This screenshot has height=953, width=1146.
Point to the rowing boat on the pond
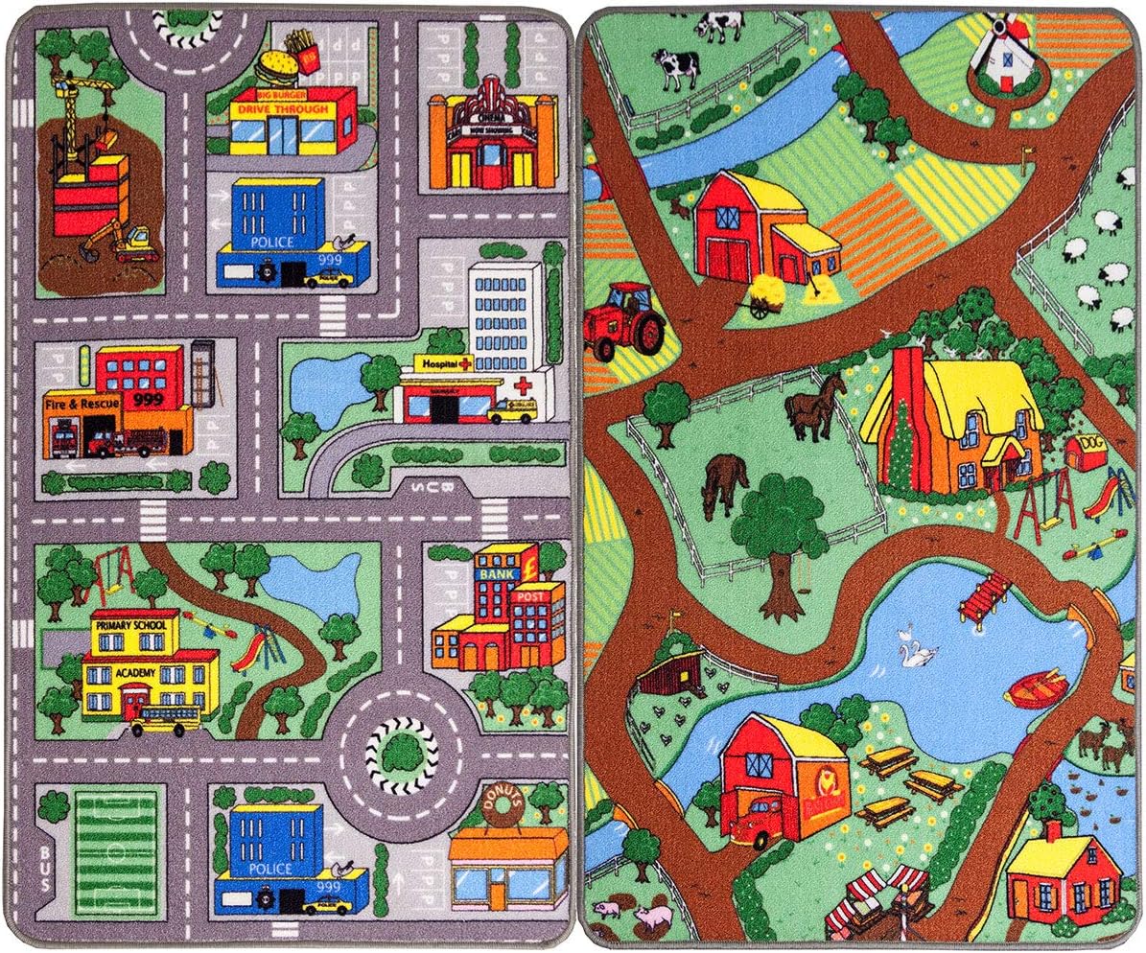(x=1038, y=687)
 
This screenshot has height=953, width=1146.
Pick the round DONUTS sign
(x=501, y=807)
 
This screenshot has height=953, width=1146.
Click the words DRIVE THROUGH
(x=283, y=110)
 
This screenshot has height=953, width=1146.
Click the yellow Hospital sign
(x=443, y=365)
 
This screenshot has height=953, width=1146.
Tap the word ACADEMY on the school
(x=133, y=673)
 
